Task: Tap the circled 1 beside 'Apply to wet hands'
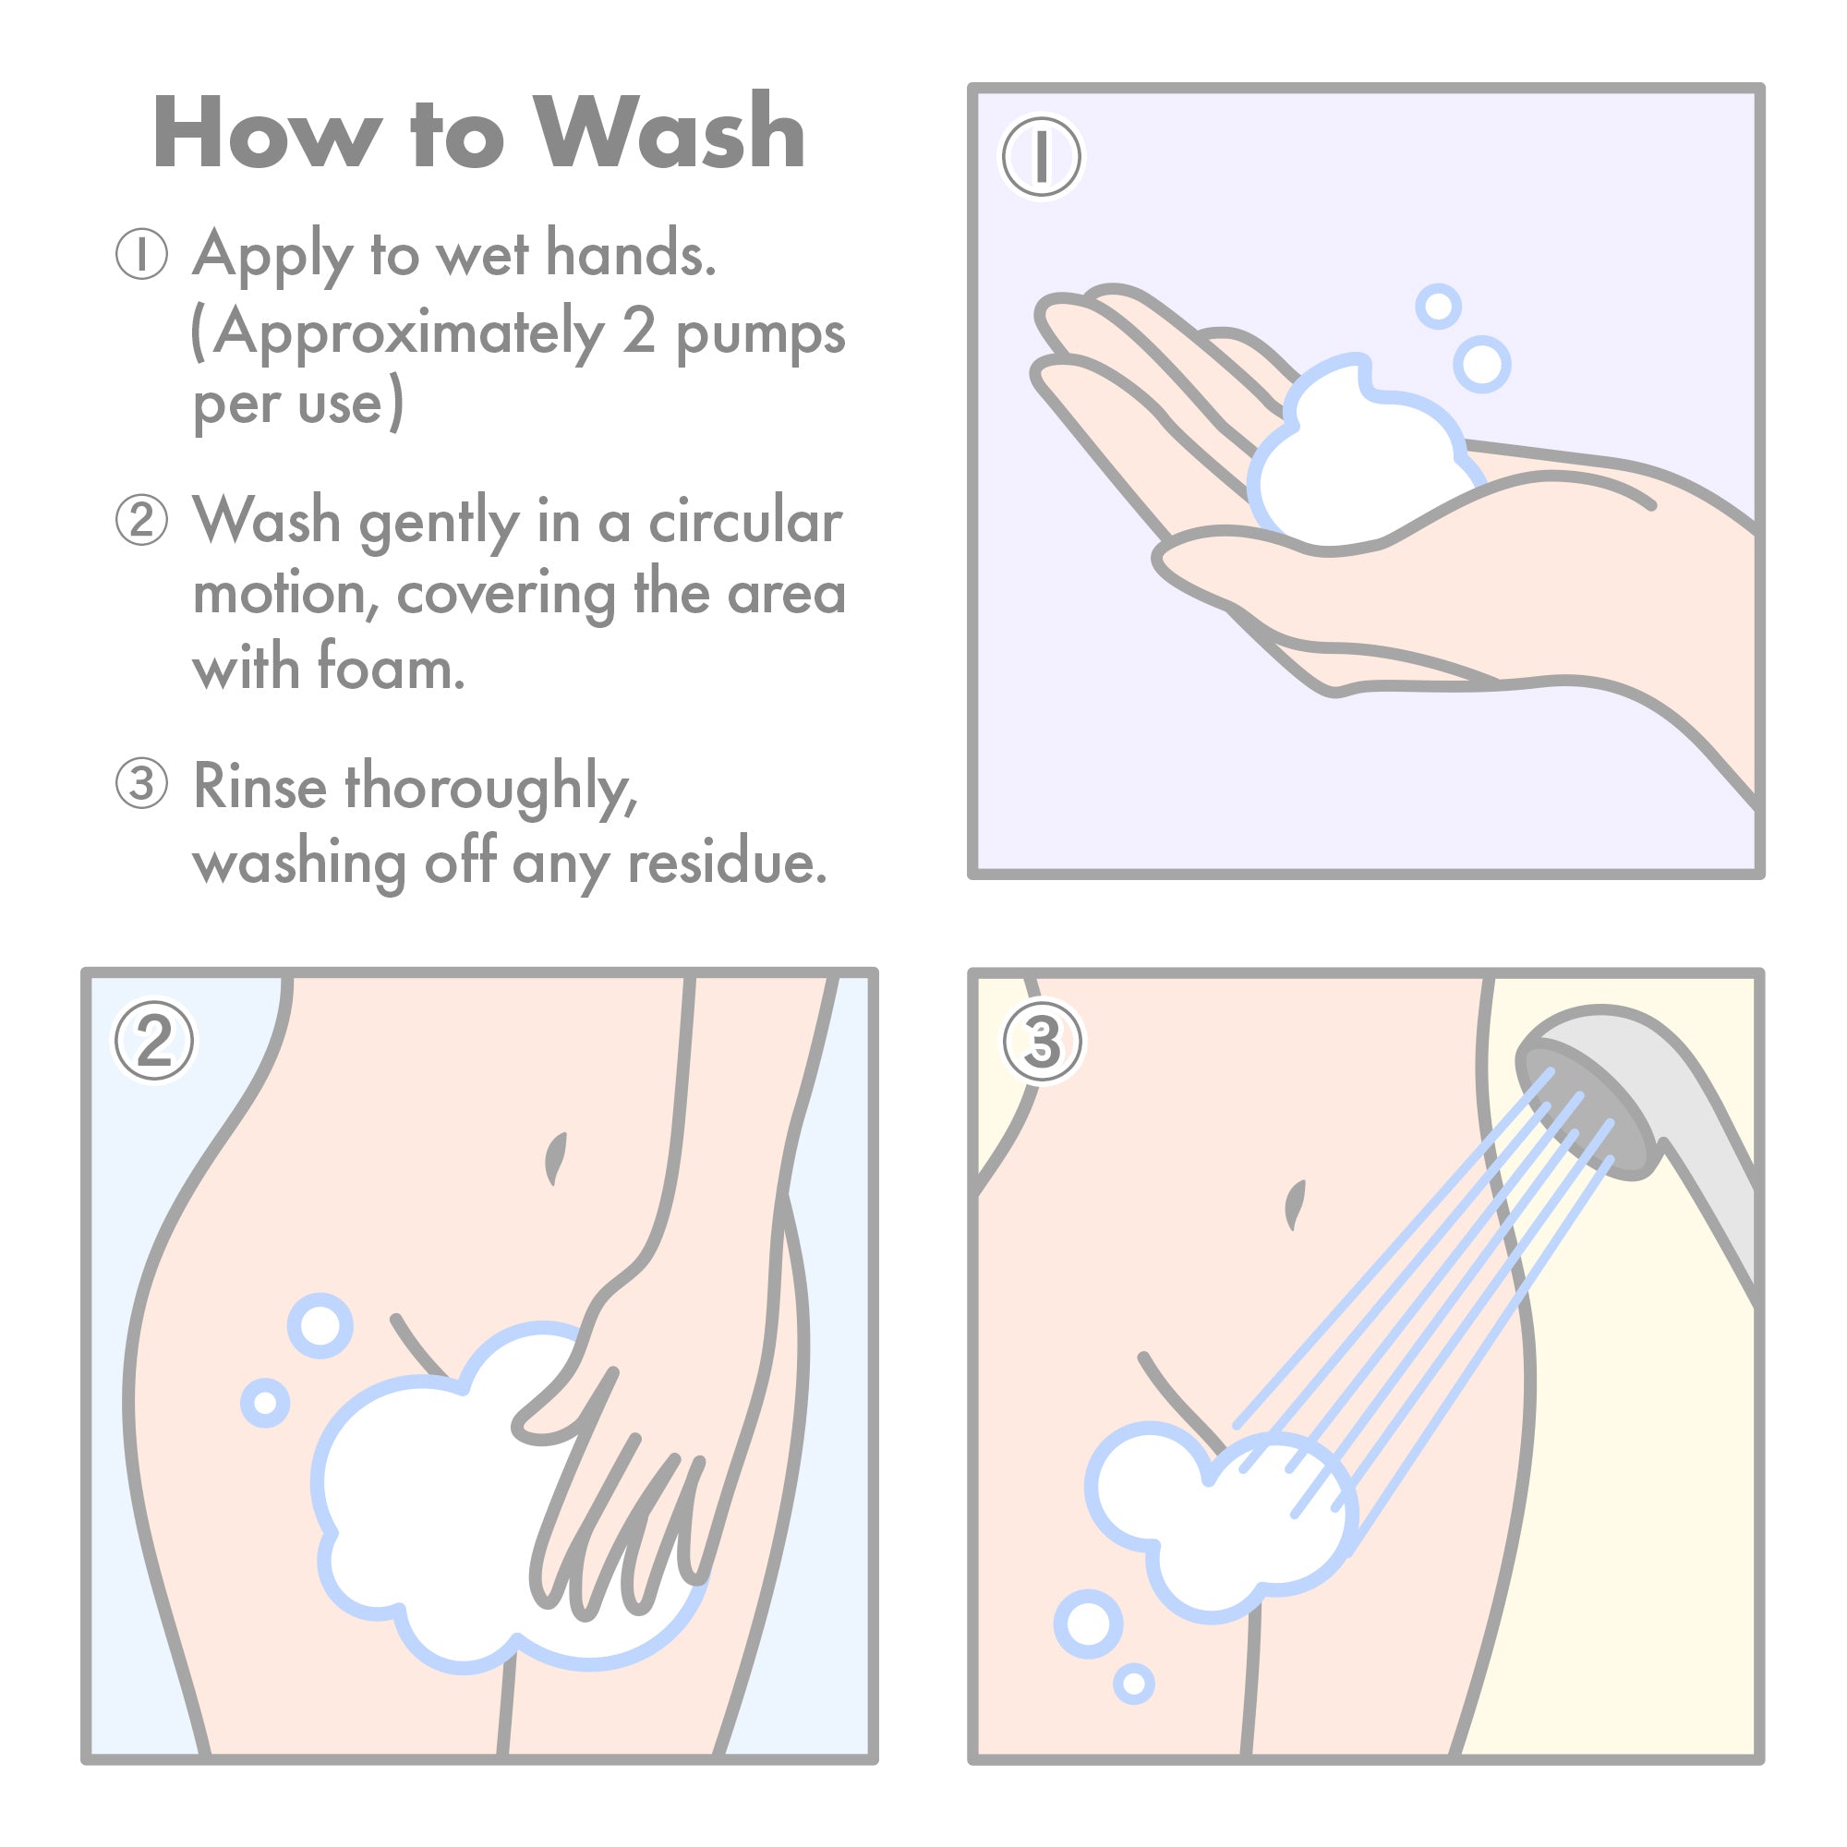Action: point(141,254)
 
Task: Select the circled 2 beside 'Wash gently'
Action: point(141,520)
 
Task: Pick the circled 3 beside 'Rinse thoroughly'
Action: point(141,784)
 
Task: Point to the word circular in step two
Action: point(744,522)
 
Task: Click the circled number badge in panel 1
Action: point(1041,156)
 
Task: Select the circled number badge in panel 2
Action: point(154,1041)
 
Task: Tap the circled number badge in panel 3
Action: point(1042,1041)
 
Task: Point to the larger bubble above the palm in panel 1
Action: point(1482,364)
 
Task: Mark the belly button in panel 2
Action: point(555,1158)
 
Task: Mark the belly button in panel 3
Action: point(1296,1203)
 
